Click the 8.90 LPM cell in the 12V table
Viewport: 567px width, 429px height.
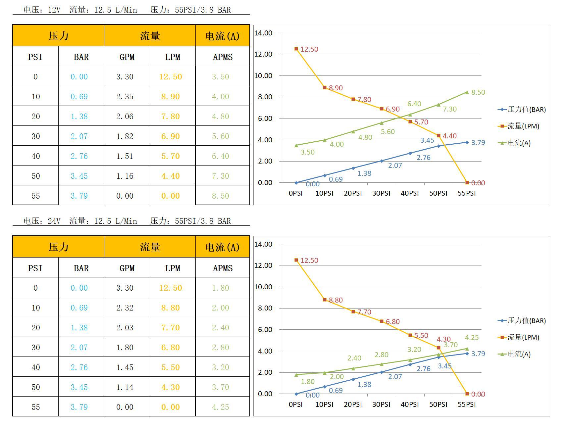pos(171,96)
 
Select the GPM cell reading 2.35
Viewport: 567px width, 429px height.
pos(125,96)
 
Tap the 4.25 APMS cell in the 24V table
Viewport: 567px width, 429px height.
pos(221,407)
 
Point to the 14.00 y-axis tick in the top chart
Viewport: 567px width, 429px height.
pos(263,33)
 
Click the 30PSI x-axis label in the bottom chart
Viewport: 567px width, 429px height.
pos(381,405)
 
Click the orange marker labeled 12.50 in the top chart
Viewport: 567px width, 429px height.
pos(296,49)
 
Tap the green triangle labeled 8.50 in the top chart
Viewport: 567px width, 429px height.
pos(467,92)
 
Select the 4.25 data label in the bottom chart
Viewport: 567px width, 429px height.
pos(472,338)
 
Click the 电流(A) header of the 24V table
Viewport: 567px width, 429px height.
pos(223,247)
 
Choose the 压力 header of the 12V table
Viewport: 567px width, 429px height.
pos(58,36)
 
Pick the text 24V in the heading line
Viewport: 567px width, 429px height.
pos(54,221)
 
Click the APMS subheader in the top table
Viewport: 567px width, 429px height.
pos(223,57)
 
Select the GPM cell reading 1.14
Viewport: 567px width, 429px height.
pos(125,387)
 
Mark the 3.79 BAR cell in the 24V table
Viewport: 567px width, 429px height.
pos(79,407)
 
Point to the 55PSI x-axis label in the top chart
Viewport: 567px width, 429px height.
pos(467,193)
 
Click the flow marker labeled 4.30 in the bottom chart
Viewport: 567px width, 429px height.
pos(438,348)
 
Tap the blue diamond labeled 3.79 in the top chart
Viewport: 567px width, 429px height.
pos(467,142)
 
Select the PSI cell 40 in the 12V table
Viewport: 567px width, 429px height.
pos(35,156)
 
